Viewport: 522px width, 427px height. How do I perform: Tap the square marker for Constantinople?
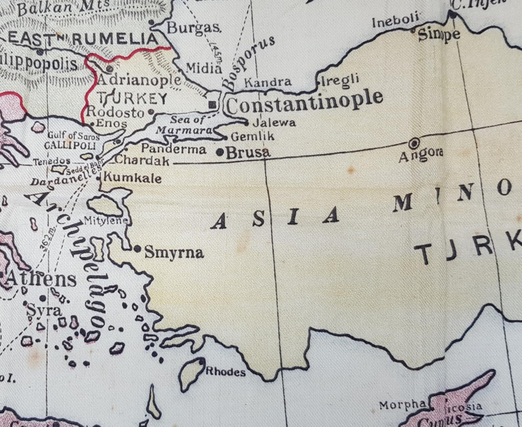pyautogui.click(x=213, y=104)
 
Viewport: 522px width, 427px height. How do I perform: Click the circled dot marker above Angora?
pyautogui.click(x=414, y=143)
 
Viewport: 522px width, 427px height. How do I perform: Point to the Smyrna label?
pyautogui.click(x=173, y=253)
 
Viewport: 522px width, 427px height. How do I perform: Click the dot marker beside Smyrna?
pyautogui.click(x=137, y=249)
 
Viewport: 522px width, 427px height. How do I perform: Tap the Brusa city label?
pyautogui.click(x=248, y=153)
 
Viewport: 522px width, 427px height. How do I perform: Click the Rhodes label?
pyautogui.click(x=226, y=372)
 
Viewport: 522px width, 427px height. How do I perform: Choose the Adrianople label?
pyautogui.click(x=139, y=79)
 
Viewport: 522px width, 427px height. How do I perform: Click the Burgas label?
pyautogui.click(x=194, y=27)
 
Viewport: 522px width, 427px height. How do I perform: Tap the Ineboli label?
pyautogui.click(x=395, y=21)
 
